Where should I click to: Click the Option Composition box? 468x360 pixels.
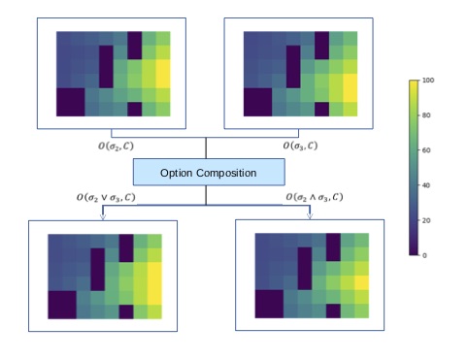tap(209, 172)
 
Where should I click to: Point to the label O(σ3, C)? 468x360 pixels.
tap(300, 145)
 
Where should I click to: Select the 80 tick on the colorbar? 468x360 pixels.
tap(427, 115)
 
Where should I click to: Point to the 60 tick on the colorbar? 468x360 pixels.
tap(427, 150)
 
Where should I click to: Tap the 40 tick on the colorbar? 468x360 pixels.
tap(427, 185)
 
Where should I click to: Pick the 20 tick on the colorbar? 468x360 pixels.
tap(427, 220)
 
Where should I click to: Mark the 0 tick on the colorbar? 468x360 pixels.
tap(425, 255)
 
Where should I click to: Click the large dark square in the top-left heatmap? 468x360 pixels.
tap(70, 101)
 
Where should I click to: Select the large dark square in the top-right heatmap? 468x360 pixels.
tap(257, 101)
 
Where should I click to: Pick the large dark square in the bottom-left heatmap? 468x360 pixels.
tap(62, 303)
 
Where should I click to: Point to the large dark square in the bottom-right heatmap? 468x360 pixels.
tap(268, 303)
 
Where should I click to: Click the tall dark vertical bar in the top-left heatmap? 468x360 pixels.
tap(106, 65)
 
